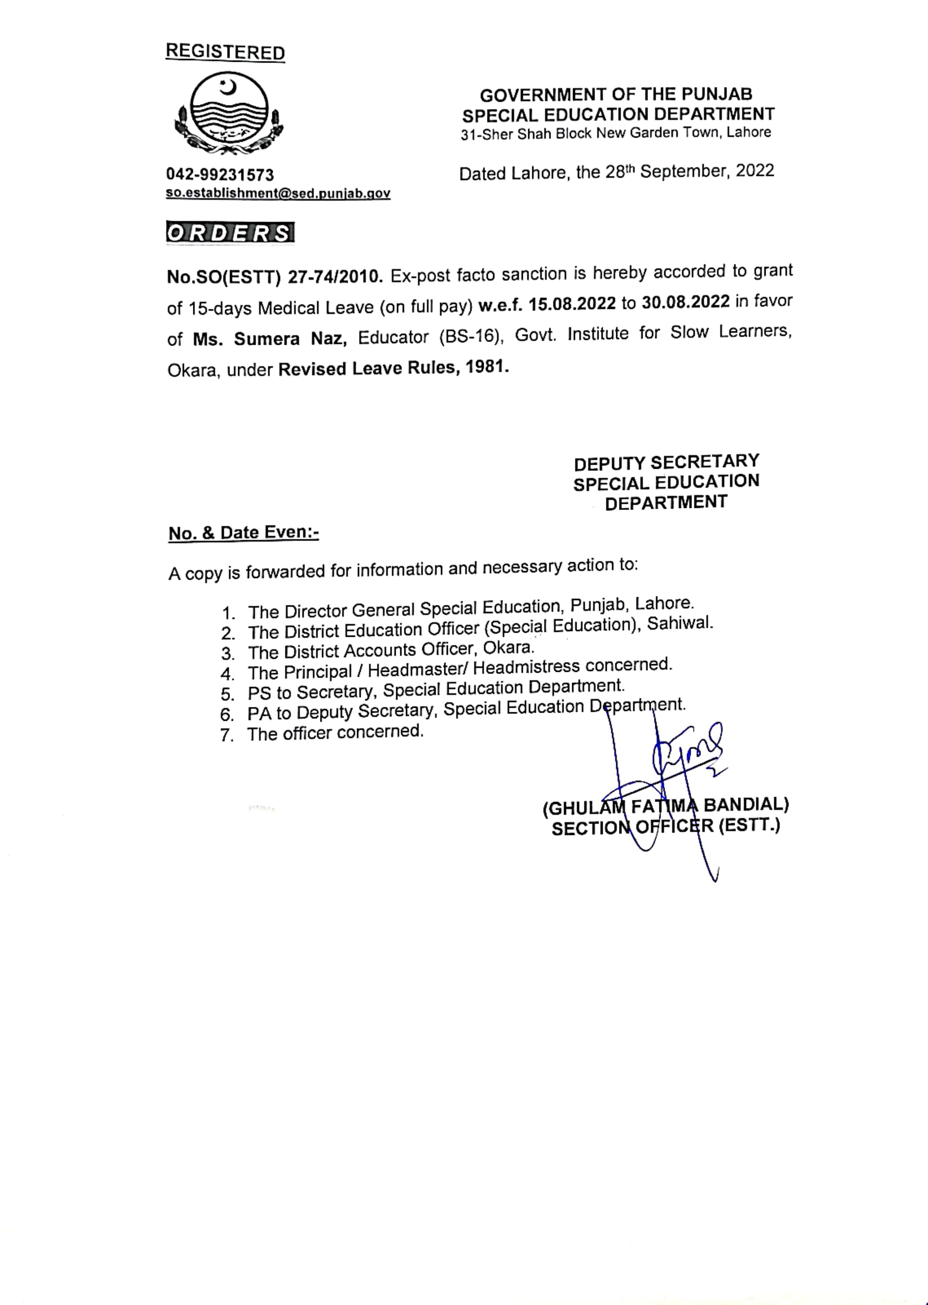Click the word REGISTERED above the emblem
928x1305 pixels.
pyautogui.click(x=225, y=52)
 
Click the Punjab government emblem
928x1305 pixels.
pyautogui.click(x=229, y=113)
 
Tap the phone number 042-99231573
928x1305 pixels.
pyautogui.click(x=220, y=174)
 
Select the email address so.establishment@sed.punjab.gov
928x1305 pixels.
pyautogui.click(x=278, y=193)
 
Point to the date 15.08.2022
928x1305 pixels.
pyautogui.click(x=572, y=304)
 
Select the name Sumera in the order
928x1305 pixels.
pyautogui.click(x=266, y=338)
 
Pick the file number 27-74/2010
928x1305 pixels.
pyautogui.click(x=335, y=277)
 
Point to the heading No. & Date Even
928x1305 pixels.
pyautogui.click(x=243, y=533)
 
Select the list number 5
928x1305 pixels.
pyautogui.click(x=228, y=694)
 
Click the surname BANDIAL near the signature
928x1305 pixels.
pyautogui.click(x=746, y=805)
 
